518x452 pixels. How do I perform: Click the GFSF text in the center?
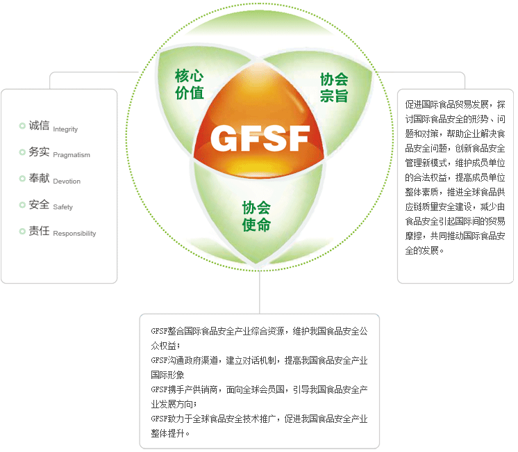(x=260, y=138)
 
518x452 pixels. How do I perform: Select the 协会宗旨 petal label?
(x=333, y=88)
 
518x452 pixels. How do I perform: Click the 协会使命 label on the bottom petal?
(x=256, y=216)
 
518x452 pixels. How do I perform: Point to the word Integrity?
(x=65, y=129)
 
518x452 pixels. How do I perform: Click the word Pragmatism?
(x=72, y=155)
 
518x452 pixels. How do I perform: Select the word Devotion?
(x=67, y=181)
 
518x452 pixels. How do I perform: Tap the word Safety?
(x=62, y=207)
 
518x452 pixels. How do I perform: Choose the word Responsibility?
(x=74, y=234)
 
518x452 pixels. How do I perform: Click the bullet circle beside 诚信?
(x=22, y=126)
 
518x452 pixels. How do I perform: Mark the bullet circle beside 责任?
(x=22, y=231)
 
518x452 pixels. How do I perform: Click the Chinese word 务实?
(x=39, y=152)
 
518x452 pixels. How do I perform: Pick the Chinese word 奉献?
(x=39, y=178)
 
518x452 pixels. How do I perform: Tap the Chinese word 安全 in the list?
(x=39, y=204)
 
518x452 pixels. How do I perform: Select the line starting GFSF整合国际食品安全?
(x=259, y=332)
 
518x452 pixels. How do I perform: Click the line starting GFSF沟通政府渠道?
(x=259, y=361)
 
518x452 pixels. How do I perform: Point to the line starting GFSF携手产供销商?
(x=259, y=390)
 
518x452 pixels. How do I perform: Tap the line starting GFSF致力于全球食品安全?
(x=259, y=419)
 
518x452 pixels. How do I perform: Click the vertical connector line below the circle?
(x=260, y=292)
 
